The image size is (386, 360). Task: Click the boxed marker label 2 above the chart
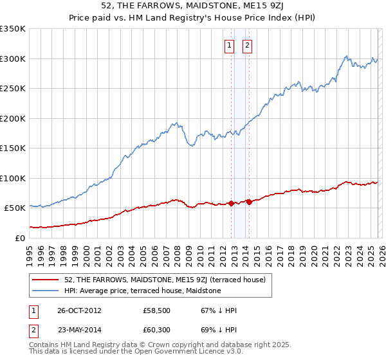(248, 45)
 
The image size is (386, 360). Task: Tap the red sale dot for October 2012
(232, 203)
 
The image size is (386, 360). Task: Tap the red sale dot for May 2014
(249, 202)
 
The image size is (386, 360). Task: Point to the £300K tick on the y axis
(13, 59)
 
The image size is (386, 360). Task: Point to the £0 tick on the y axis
(19, 238)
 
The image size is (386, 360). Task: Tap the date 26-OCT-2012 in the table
(79, 310)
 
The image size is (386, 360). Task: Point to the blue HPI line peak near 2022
(346, 56)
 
